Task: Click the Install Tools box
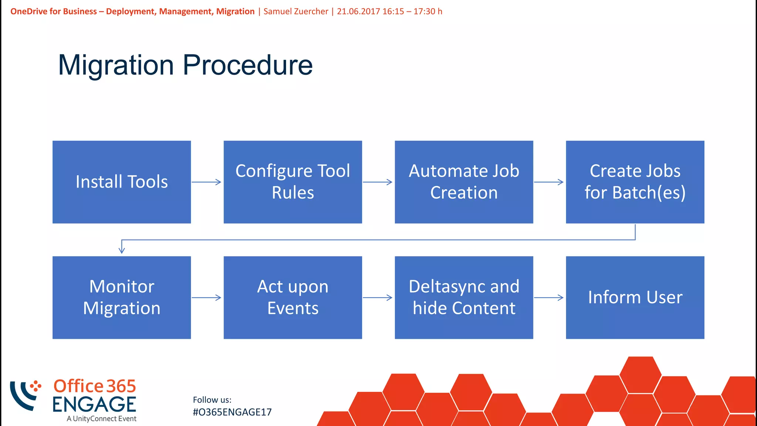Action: [122, 182]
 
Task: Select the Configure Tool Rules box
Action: [293, 182]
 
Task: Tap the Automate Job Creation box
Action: [464, 182]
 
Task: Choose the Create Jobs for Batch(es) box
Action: [635, 182]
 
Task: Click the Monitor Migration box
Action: [122, 297]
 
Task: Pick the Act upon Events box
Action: [293, 297]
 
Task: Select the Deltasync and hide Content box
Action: [464, 297]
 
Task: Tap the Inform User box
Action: [635, 297]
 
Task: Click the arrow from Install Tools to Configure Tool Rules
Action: [207, 182]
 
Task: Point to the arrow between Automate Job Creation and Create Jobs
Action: [549, 182]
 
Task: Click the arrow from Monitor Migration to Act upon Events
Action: [207, 297]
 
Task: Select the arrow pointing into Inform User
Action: [549, 297]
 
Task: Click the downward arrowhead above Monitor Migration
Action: [122, 250]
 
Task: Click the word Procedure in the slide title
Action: [248, 65]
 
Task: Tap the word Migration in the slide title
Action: [116, 65]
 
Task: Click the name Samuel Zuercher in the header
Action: [296, 11]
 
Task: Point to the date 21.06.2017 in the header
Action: [358, 11]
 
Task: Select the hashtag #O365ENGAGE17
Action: [232, 412]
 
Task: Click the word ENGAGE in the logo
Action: [94, 404]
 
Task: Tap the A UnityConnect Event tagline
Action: [101, 419]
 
